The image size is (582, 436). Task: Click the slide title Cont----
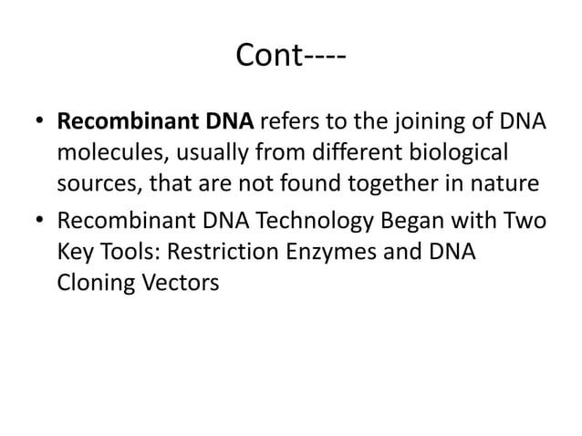point(290,56)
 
